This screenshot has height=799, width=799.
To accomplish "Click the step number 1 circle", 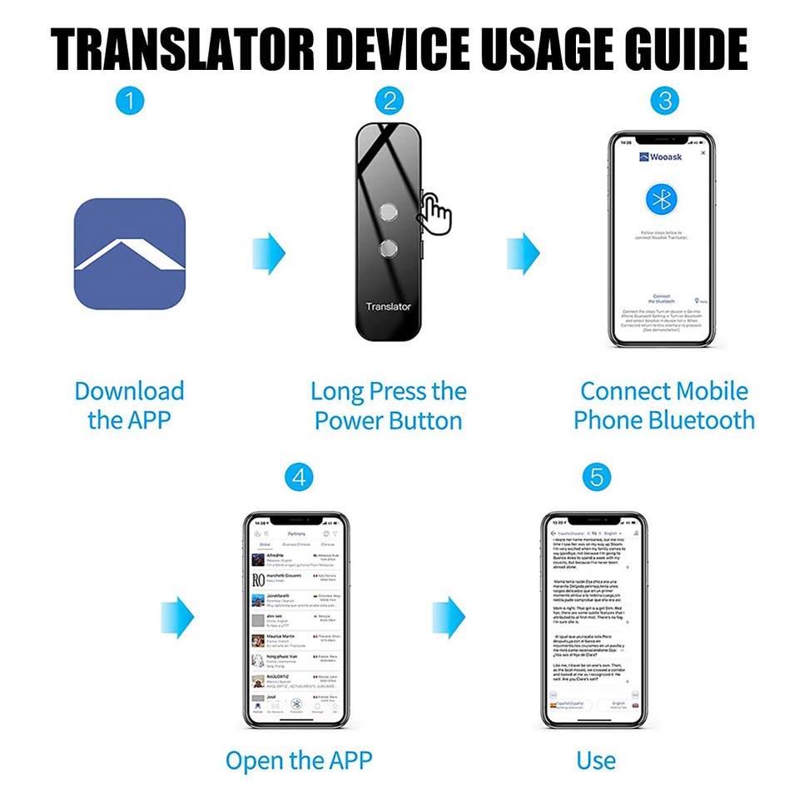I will (129, 101).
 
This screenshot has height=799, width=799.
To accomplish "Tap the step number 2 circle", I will (388, 101).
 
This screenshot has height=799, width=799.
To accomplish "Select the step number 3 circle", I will (664, 101).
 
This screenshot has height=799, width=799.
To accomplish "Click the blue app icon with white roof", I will (129, 254).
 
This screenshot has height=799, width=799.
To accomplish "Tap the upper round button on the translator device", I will (387, 212).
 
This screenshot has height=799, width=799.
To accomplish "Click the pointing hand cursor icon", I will (435, 213).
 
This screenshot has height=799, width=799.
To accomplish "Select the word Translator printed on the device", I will (388, 306).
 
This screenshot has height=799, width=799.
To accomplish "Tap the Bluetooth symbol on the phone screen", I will (663, 199).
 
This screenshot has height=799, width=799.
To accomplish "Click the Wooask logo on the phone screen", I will (661, 156).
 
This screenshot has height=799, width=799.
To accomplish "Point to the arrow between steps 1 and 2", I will (268, 254).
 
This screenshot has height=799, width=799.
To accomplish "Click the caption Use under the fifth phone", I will (596, 760).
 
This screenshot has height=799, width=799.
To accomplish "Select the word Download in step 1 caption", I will (129, 391).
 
